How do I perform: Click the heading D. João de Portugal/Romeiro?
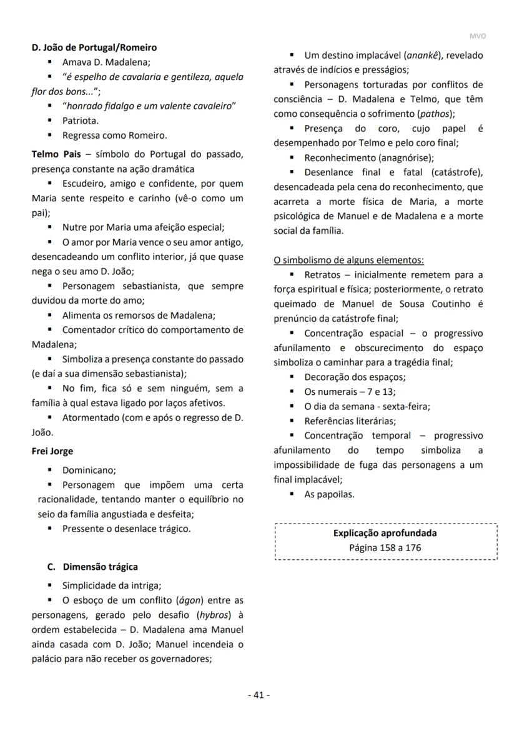[x=94, y=47]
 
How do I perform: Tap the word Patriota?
[x=80, y=121]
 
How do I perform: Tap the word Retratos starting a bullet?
[x=321, y=275]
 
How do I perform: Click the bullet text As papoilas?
[x=329, y=494]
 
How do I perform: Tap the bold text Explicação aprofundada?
[x=385, y=534]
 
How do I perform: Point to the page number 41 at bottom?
[x=258, y=695]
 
